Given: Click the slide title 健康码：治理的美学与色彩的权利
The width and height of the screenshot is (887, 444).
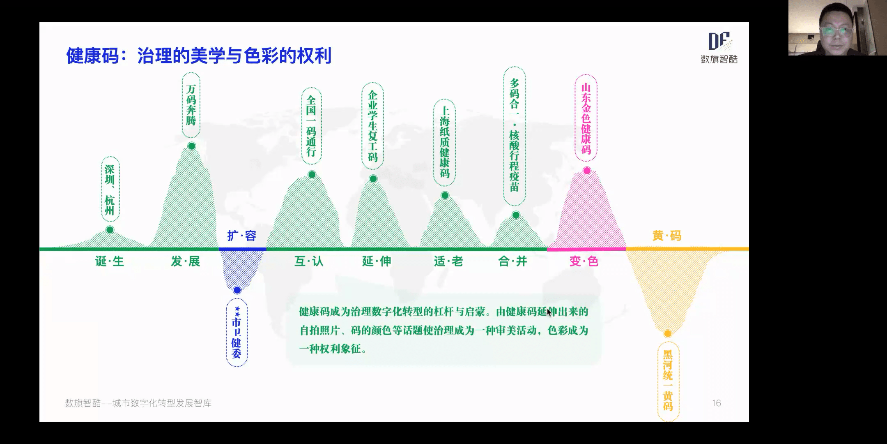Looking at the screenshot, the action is point(199,56).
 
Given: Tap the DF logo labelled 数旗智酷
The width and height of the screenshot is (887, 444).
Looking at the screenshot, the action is point(719,47).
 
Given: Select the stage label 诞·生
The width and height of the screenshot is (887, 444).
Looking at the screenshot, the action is point(110,261).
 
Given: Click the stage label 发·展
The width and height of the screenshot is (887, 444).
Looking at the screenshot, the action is point(186,261).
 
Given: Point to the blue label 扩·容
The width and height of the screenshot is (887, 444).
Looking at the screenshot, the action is point(242,236).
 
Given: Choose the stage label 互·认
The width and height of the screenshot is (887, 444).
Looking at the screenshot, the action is point(309,261).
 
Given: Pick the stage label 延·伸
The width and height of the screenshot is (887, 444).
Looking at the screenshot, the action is point(377,261).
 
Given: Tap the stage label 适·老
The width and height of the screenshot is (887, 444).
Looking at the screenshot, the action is point(448,261).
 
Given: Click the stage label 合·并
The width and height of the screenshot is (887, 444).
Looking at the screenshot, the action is point(512,261).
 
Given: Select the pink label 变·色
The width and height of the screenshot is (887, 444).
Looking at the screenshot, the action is point(584,261).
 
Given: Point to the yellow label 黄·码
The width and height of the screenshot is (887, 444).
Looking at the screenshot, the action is point(667,236).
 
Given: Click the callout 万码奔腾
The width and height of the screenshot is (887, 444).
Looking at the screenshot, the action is point(191,105).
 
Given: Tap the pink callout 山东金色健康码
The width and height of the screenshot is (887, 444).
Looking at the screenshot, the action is point(586,118).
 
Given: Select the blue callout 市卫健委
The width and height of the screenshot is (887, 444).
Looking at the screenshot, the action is point(237,333).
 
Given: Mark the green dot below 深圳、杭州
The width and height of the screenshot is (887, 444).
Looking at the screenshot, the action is point(110,230).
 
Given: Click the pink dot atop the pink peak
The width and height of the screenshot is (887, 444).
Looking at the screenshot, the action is point(587,171).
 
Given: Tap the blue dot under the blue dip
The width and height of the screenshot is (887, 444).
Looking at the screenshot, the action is point(237,290).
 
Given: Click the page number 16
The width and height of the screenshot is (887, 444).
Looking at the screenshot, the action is point(717,403).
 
